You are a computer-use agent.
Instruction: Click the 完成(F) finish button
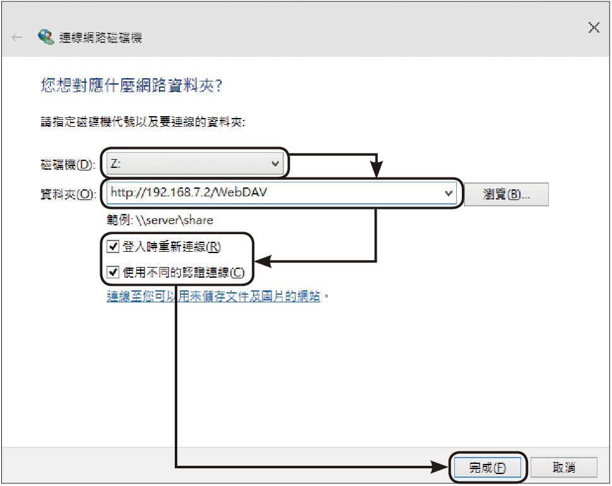click(x=488, y=467)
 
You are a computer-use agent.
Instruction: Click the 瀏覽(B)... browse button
click(x=506, y=194)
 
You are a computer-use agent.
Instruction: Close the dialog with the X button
click(x=594, y=28)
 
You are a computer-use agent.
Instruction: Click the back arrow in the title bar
click(x=17, y=37)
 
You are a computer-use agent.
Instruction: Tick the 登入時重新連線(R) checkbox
click(x=113, y=246)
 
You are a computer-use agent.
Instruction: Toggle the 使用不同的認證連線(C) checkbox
click(x=113, y=271)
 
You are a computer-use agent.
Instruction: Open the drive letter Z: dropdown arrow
click(x=275, y=163)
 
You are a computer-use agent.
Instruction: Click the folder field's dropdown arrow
click(x=449, y=193)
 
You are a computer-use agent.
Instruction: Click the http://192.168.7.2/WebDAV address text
click(x=189, y=192)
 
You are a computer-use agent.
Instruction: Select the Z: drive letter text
click(x=115, y=163)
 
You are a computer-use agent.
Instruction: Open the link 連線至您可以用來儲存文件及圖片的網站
click(x=213, y=296)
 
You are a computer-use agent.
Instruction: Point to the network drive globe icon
click(x=45, y=37)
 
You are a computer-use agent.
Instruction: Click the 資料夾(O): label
click(x=68, y=194)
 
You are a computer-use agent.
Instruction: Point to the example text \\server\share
click(x=175, y=220)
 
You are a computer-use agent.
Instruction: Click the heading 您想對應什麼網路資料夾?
click(x=131, y=85)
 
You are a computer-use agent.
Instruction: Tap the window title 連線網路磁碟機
click(x=100, y=37)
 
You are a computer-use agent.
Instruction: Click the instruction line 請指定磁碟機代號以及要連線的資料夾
click(x=143, y=122)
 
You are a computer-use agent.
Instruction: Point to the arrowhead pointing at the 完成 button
click(x=440, y=466)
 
